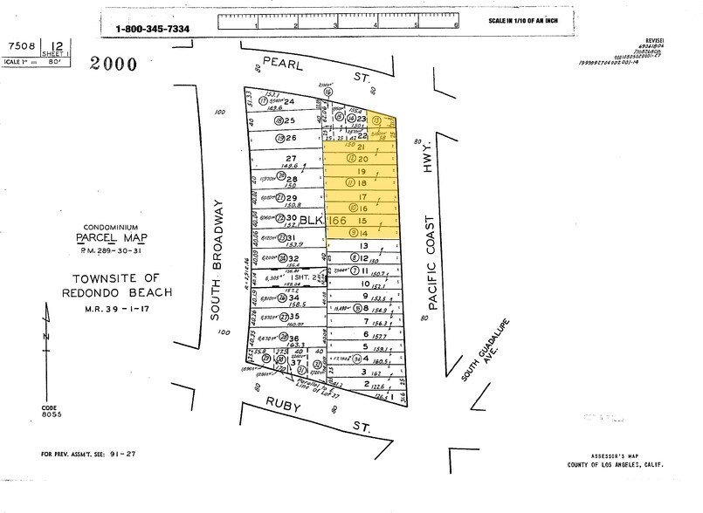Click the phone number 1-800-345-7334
tap(153, 29)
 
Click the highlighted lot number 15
tap(362, 222)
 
